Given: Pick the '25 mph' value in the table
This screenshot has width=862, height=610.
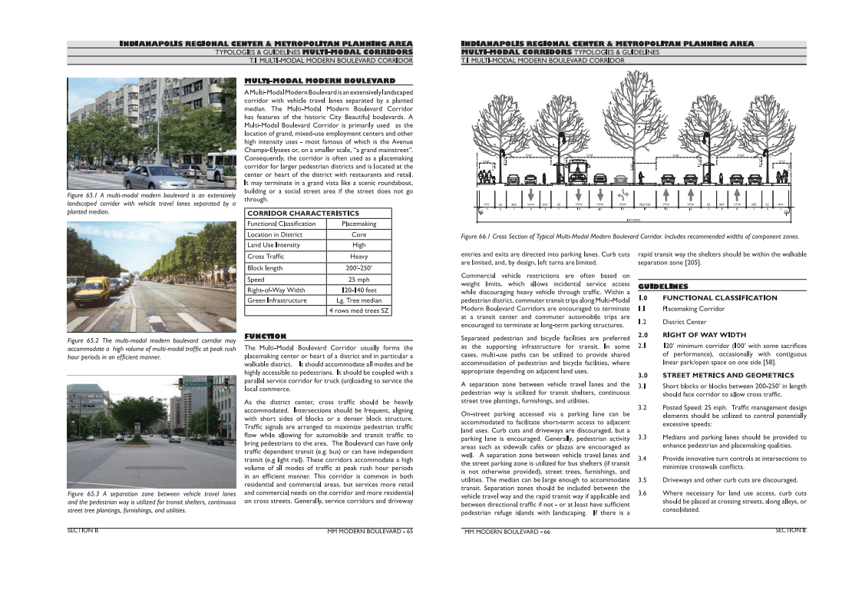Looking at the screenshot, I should [358, 279].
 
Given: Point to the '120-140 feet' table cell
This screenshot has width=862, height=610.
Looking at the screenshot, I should [358, 290].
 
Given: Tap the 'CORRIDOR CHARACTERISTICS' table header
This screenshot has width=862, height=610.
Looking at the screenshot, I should [302, 213].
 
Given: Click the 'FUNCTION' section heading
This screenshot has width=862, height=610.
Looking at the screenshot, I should [265, 336].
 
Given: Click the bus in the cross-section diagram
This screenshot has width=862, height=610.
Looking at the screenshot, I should [577, 174].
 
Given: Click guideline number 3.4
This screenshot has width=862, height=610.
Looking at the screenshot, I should [644, 459].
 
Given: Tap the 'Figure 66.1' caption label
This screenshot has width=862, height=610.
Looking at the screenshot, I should [478, 237].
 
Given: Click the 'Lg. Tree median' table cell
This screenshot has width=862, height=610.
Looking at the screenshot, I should [358, 300].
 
